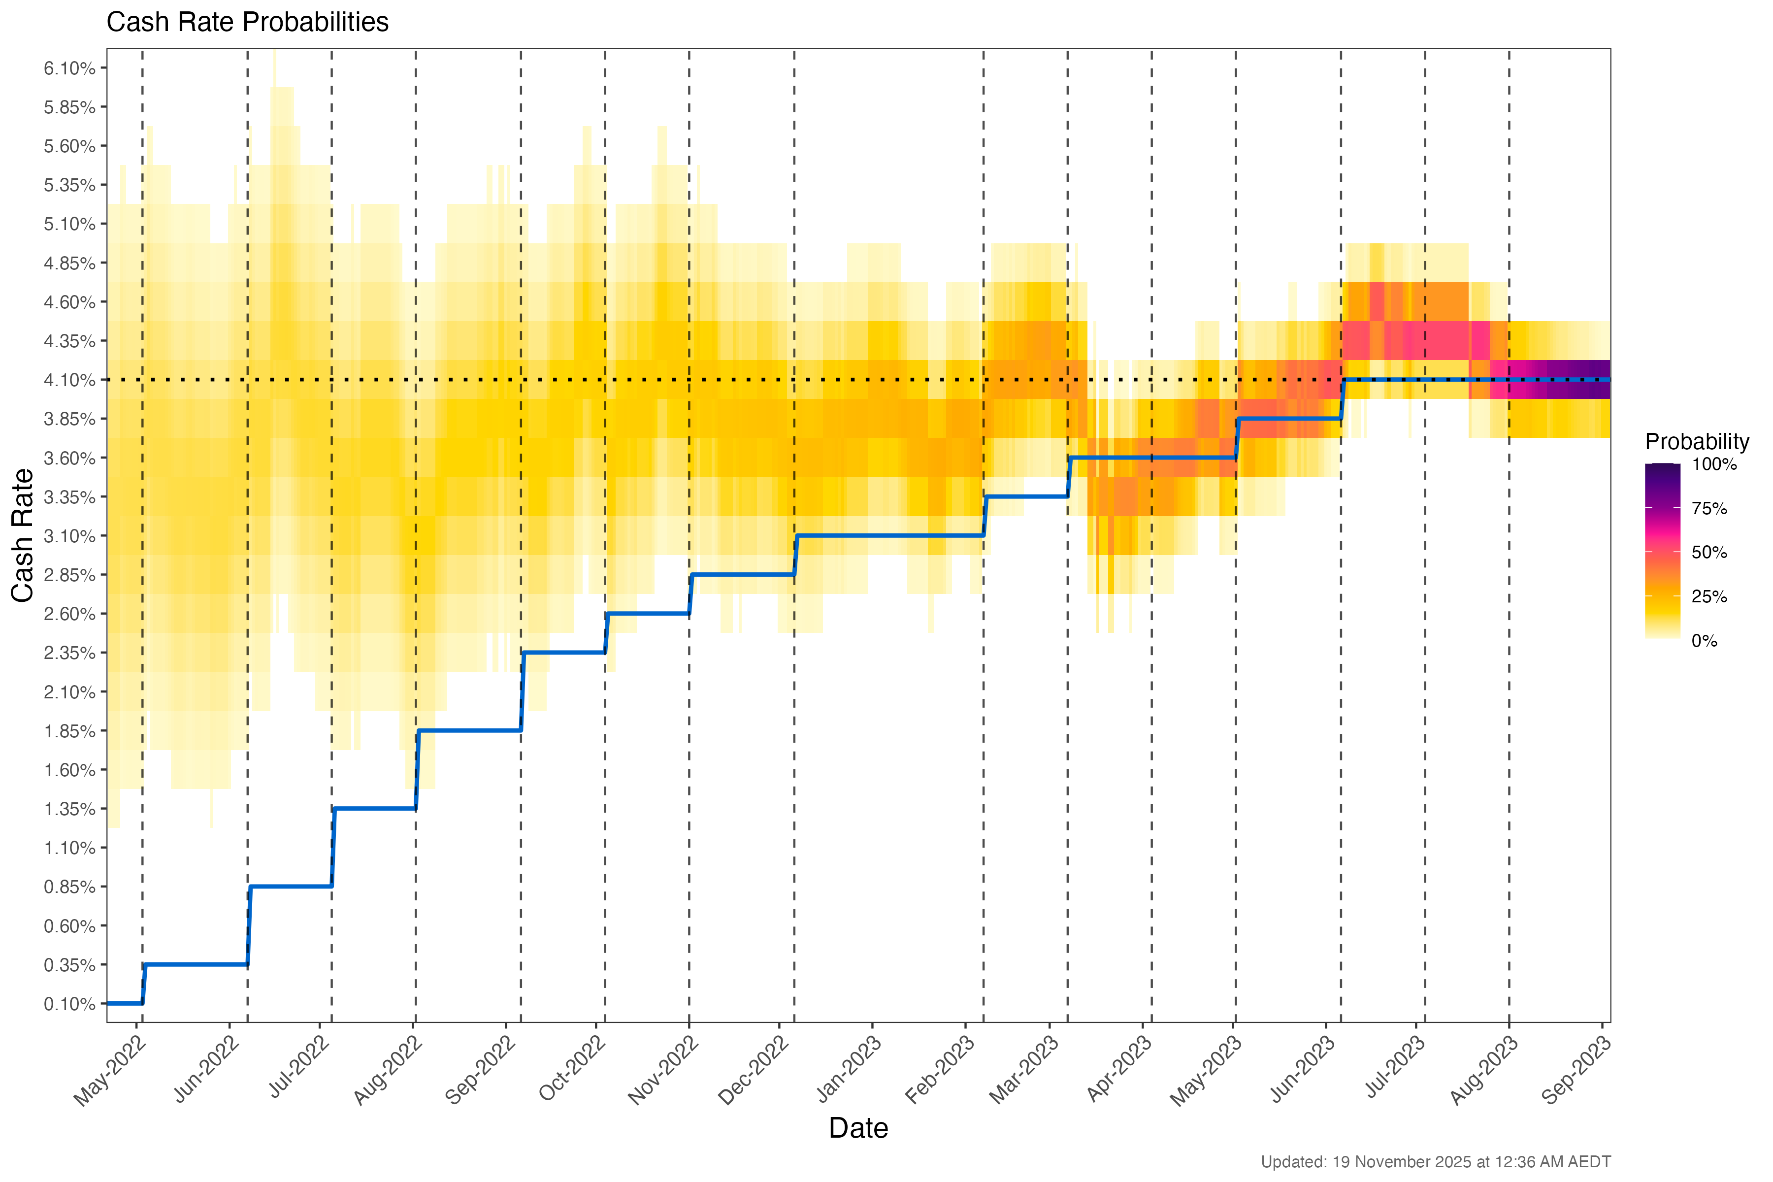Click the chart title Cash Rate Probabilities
(x=247, y=23)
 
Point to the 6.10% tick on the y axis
(x=69, y=68)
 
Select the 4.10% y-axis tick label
(x=69, y=380)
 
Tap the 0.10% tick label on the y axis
(x=69, y=1004)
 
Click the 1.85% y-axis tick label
(x=69, y=731)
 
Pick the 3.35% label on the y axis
(x=69, y=497)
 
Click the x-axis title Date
(x=858, y=1128)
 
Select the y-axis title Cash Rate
(x=23, y=535)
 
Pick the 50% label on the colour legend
(x=1709, y=553)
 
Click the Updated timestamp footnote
(x=1435, y=1162)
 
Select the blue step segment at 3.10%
(x=889, y=536)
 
